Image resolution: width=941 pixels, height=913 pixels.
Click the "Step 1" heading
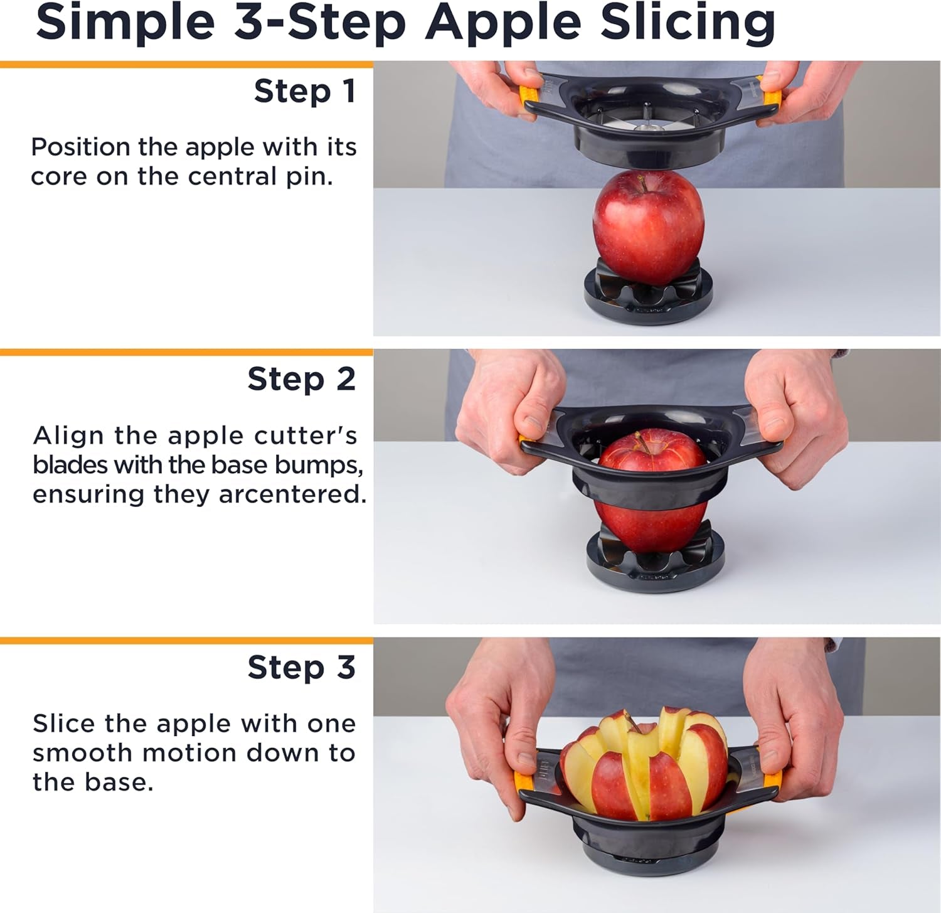point(305,92)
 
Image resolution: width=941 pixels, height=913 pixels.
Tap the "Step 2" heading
point(301,380)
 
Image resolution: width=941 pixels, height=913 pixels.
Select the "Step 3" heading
point(301,668)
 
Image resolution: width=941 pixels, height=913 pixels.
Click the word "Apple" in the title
point(504,23)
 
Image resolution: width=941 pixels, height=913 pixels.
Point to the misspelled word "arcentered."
point(292,494)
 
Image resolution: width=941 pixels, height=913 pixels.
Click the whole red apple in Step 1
point(648,227)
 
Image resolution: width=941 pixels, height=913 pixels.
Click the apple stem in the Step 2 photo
point(641,441)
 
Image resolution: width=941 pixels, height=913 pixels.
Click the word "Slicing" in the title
point(688,23)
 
